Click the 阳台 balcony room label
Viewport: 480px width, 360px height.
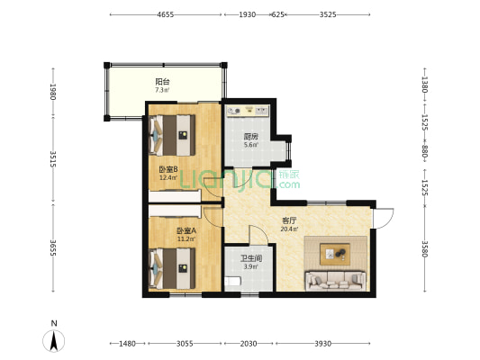point(162,82)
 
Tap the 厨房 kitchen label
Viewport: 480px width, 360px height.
point(250,137)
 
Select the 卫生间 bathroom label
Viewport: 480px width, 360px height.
point(250,258)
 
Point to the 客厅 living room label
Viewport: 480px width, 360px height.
point(289,220)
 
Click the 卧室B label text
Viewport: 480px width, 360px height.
point(168,169)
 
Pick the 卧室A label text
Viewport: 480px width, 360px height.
point(186,230)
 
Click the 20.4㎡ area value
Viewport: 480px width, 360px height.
point(289,229)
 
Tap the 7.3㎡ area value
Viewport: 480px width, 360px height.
point(162,90)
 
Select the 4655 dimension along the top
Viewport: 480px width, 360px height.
point(166,14)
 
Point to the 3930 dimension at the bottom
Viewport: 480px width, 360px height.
point(323,344)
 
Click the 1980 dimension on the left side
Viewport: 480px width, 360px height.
point(53,92)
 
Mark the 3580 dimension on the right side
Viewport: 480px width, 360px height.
point(424,249)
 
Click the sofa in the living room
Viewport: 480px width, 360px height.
point(336,281)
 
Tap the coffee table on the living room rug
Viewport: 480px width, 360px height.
point(335,254)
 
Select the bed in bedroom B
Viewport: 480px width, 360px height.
point(172,135)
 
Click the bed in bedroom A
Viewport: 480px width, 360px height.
point(172,268)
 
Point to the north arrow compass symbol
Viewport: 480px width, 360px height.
point(54,341)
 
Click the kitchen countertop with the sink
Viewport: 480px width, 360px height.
point(248,111)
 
